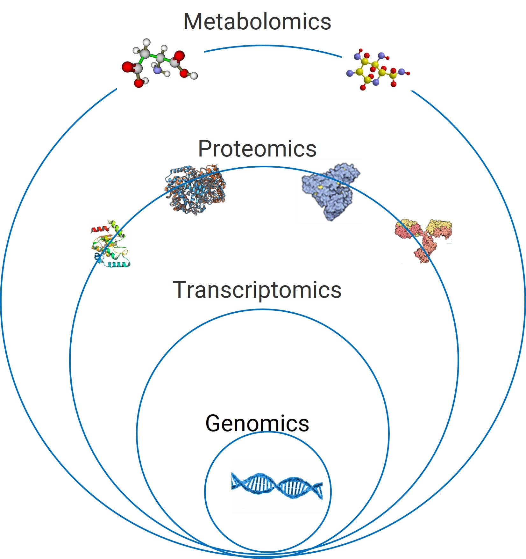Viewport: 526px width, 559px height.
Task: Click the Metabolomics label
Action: (257, 22)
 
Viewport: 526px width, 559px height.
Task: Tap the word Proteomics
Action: (257, 149)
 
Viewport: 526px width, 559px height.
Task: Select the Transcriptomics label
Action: (257, 290)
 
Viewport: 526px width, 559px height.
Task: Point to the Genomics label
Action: (257, 423)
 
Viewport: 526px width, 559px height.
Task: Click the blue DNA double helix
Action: (276, 486)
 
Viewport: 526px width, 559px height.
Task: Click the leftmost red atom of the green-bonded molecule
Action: (127, 67)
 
